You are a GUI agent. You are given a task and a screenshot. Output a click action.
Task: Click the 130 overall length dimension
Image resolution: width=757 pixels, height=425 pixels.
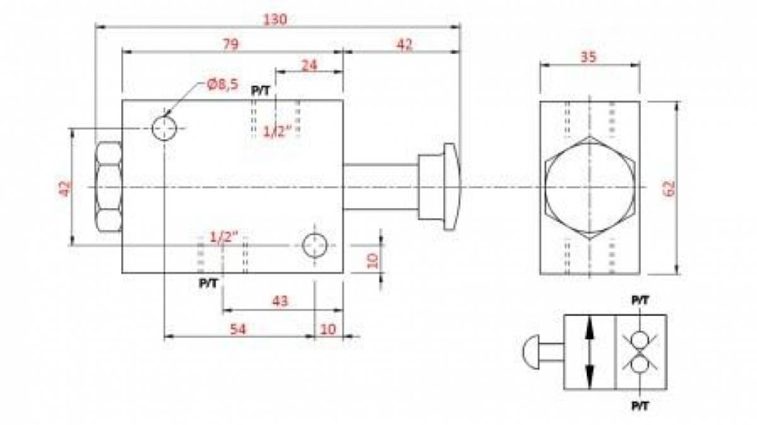pos(275,20)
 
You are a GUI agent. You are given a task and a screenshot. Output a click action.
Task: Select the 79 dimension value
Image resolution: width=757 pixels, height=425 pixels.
pos(230,44)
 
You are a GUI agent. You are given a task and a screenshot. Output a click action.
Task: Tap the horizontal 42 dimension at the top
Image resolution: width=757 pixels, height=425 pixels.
pos(404,45)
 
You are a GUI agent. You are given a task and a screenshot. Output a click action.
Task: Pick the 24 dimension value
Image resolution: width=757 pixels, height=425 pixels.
pos(309,65)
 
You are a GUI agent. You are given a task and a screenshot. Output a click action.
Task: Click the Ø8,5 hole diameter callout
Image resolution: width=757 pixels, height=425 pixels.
pos(222,84)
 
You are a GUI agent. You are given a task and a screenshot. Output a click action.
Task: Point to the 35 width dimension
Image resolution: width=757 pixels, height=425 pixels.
pos(589,57)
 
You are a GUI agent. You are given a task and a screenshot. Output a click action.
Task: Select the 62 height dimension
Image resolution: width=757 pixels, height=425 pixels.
pos(669,189)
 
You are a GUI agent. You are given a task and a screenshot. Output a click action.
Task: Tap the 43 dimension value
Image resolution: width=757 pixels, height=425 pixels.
pos(280,301)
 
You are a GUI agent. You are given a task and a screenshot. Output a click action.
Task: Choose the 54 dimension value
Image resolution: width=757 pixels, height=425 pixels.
pos(238,329)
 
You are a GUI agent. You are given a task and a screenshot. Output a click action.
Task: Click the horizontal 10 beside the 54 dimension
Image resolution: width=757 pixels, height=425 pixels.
pos(328,329)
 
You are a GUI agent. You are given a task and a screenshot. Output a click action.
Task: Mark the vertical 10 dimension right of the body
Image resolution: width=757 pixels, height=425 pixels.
pos(372,261)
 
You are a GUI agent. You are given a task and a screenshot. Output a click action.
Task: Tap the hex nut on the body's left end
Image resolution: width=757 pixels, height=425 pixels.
pos(109,187)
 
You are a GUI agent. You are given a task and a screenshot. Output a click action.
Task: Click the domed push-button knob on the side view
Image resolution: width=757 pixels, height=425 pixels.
pos(452,187)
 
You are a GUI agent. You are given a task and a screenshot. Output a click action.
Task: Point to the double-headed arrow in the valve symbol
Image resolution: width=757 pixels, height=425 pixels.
pos(590,352)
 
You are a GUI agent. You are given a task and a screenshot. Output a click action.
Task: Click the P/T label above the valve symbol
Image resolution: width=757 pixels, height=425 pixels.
pos(640,300)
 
